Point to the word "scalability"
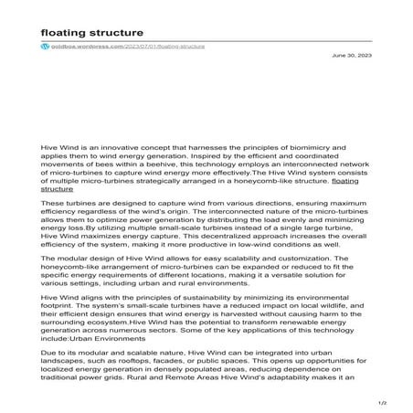[233, 259]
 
